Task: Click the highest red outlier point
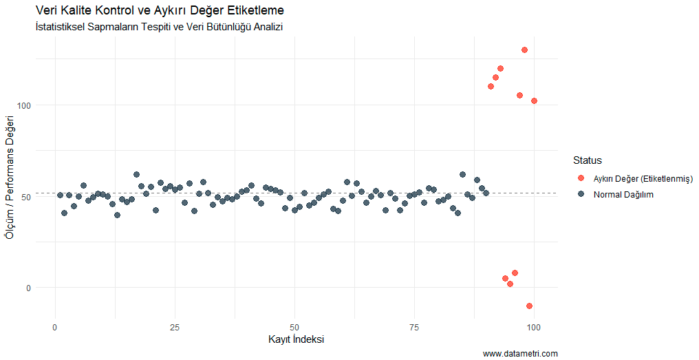click(x=524, y=50)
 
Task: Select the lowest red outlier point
click(x=529, y=306)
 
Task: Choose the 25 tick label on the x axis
click(x=175, y=326)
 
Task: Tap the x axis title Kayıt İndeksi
click(x=296, y=339)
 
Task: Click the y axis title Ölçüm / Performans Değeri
click(x=10, y=178)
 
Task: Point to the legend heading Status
click(x=588, y=160)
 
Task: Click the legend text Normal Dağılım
click(x=623, y=195)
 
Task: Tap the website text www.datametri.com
click(x=520, y=354)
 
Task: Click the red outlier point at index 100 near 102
click(x=534, y=101)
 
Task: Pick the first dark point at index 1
click(x=60, y=195)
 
